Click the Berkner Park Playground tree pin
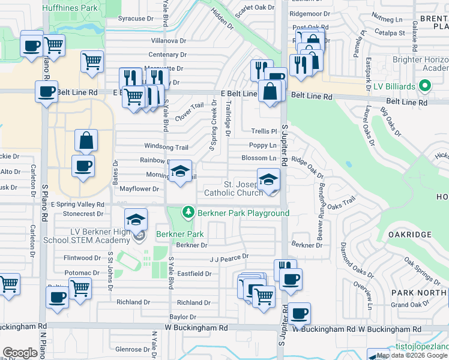(x=188, y=212)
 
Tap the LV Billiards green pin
(x=426, y=86)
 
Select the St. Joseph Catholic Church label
(x=234, y=188)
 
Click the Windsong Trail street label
(x=166, y=147)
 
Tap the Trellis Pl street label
(x=264, y=131)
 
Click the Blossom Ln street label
(x=259, y=158)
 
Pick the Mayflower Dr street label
(x=139, y=188)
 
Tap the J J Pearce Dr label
(x=229, y=257)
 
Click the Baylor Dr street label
(x=183, y=317)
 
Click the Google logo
(x=20, y=352)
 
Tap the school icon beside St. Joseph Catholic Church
(x=268, y=179)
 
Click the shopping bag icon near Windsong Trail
(x=86, y=140)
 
